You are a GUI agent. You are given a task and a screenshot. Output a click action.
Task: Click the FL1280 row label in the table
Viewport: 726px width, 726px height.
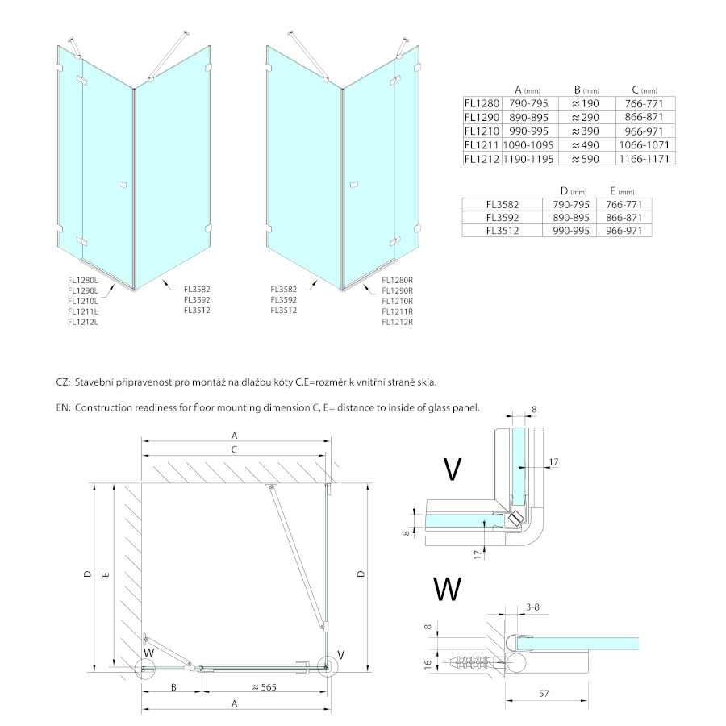(482, 103)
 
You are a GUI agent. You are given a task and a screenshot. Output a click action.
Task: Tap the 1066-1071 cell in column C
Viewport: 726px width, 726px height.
(645, 145)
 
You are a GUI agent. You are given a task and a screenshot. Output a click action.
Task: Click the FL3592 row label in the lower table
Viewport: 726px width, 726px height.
(502, 217)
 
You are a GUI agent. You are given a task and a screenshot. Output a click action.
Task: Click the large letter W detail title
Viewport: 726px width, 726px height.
(449, 589)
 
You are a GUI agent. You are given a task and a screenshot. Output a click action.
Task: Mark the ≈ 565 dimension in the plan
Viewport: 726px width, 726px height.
(264, 687)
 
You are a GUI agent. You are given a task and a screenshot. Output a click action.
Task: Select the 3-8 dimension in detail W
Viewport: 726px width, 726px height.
(532, 607)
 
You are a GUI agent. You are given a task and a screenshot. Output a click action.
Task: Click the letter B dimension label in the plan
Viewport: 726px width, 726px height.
(172, 687)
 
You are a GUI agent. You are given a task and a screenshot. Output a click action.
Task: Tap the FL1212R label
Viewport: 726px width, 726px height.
(397, 322)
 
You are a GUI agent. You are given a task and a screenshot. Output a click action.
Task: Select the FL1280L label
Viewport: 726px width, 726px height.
(82, 280)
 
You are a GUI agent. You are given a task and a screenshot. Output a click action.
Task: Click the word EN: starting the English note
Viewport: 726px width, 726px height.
(64, 408)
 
